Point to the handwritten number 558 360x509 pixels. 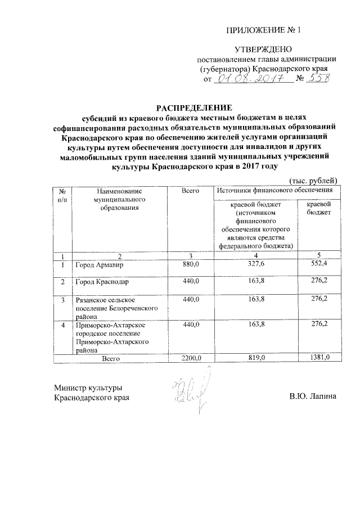coord(318,79)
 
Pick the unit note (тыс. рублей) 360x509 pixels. coord(313,180)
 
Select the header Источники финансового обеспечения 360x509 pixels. coord(275,192)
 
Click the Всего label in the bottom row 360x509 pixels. coord(111,358)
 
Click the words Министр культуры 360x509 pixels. coord(88,388)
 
